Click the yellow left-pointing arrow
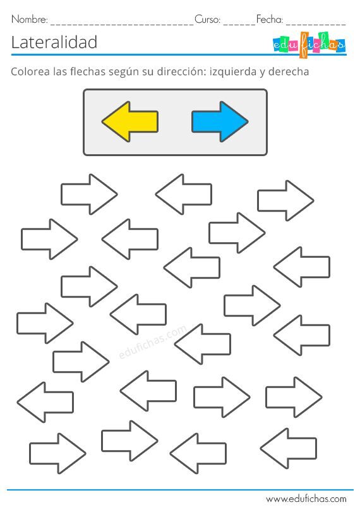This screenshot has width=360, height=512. pos(130,121)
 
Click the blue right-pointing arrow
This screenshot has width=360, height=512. pos(220,121)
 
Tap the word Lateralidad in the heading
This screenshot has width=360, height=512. pos(54,42)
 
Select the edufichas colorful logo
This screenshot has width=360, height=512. pos(308,45)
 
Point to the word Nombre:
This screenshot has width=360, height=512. pos(30,20)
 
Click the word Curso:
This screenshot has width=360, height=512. pos(208,20)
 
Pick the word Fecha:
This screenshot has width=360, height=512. pos(270,20)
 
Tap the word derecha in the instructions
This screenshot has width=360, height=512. pos(289,71)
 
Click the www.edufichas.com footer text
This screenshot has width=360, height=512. pos(306,499)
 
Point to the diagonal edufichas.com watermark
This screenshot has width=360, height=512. pos(153,342)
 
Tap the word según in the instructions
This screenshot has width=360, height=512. pos(124,71)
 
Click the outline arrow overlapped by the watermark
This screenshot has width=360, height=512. pos(203,344)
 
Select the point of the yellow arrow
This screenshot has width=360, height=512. pos(102,122)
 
